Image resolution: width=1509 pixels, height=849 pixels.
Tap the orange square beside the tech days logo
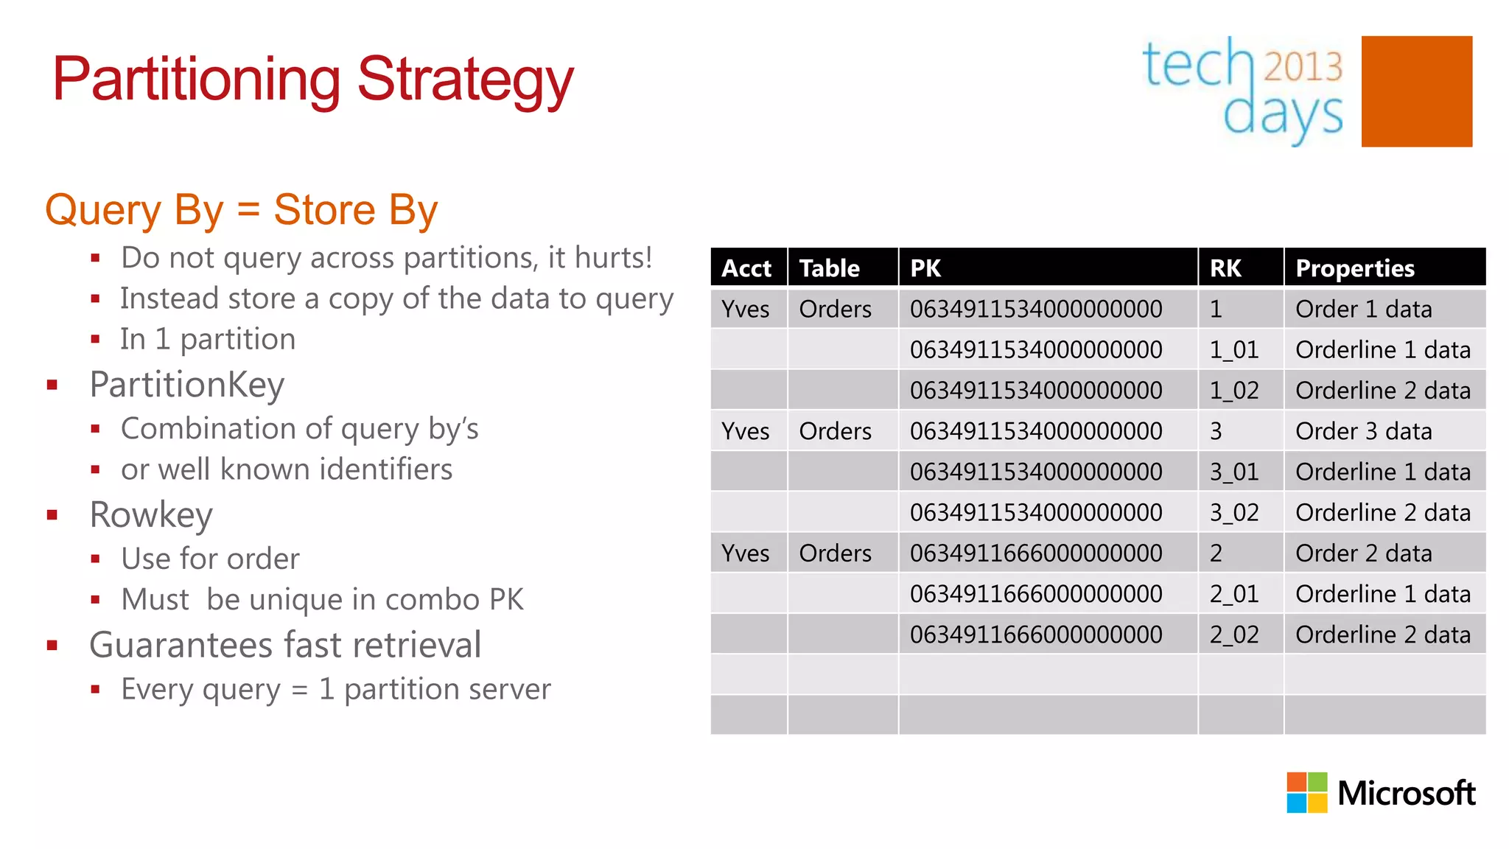[x=1416, y=91]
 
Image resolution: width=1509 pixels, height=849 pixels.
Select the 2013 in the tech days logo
[x=1303, y=66]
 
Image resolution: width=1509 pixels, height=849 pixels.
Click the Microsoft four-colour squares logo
[x=1306, y=792]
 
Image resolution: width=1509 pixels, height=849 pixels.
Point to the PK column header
[x=925, y=268]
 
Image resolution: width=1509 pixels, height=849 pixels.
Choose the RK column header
[x=1225, y=268]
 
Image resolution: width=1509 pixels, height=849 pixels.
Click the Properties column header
[x=1354, y=268]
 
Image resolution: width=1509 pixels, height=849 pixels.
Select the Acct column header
[x=746, y=268]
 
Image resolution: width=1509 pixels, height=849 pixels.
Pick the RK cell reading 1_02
[x=1233, y=391]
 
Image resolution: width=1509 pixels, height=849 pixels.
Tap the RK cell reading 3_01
[x=1233, y=472]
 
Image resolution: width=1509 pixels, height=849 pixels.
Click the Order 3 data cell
[x=1363, y=431]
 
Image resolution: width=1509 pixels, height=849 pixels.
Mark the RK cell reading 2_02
[x=1233, y=635]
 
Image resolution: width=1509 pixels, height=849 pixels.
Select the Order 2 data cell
[x=1363, y=553]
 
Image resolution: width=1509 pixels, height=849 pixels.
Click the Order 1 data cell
[x=1363, y=310]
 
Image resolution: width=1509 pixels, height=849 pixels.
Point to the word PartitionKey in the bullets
[x=186, y=385]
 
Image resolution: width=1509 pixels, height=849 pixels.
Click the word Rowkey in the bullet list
[x=151, y=514]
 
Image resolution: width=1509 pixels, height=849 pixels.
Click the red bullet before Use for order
[x=95, y=559]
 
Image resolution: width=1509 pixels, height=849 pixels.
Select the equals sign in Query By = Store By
[x=248, y=210]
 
